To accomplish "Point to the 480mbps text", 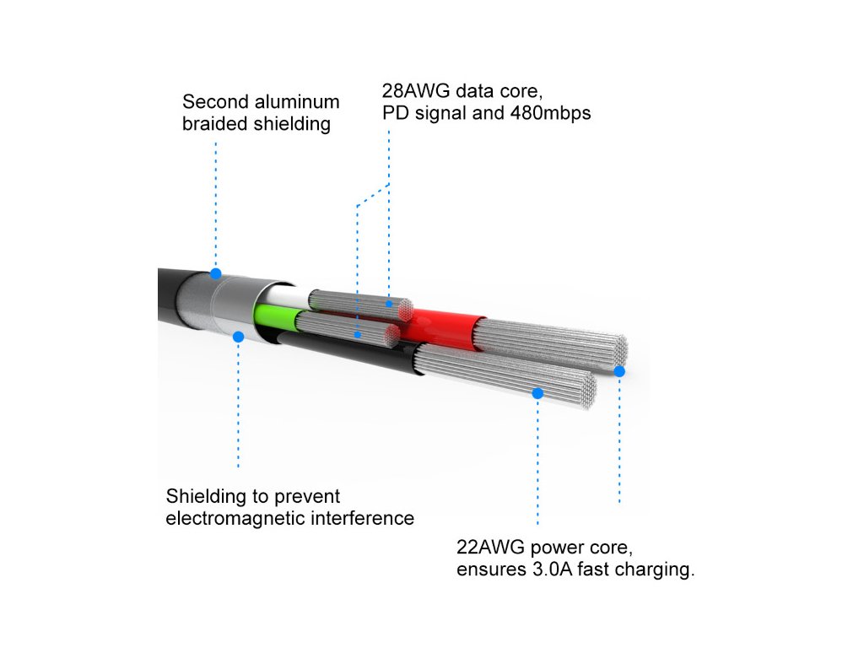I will pyautogui.click(x=549, y=112).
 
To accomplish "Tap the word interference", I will pyautogui.click(x=363, y=518).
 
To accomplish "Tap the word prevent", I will pyautogui.click(x=306, y=496).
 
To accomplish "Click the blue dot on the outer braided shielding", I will pyautogui.click(x=216, y=273).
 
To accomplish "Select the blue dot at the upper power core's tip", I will pyautogui.click(x=619, y=371).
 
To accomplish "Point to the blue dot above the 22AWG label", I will pyautogui.click(x=537, y=392).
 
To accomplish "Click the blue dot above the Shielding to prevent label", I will pyautogui.click(x=238, y=337).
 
